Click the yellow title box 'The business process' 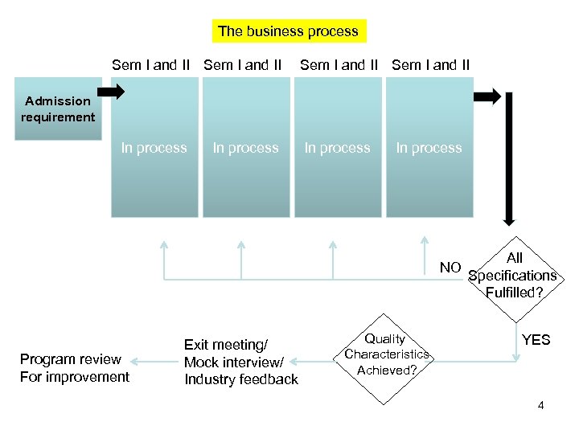point(288,31)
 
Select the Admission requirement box point(58,108)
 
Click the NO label point(450,267)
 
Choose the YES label point(536,339)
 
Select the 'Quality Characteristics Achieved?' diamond point(387,354)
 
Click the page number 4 point(541,405)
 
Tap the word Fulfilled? point(515,293)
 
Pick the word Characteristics point(387,354)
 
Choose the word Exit point(199,345)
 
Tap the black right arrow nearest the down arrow point(487,97)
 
